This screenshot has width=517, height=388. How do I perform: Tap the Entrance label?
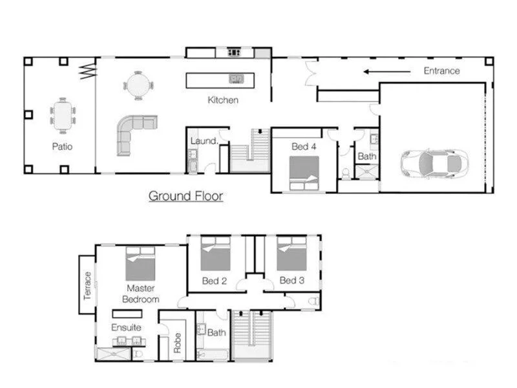441,70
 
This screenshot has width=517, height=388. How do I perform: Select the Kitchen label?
223,100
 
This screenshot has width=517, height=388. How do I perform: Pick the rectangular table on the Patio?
63,115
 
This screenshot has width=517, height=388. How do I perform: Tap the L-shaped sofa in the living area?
133,132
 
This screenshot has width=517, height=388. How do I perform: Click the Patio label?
62,147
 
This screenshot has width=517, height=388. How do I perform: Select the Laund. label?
203,141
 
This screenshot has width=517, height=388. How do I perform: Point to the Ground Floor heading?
185,195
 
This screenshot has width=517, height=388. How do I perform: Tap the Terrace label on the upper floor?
88,285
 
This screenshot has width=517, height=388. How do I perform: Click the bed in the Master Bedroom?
140,263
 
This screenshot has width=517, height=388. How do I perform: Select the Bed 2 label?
215,281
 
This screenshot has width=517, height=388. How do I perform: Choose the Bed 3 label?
292,281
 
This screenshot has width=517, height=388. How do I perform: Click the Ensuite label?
125,327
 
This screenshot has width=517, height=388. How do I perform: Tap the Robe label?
177,342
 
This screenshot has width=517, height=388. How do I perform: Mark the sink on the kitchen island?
237,80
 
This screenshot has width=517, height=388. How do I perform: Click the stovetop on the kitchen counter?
233,52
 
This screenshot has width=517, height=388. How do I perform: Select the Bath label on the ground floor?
366,156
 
